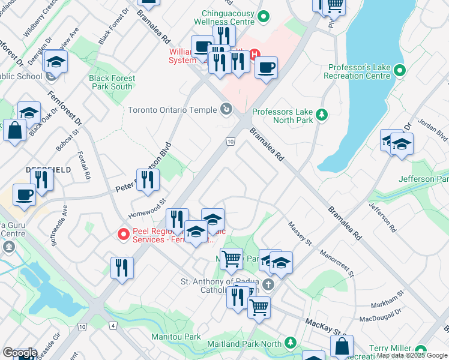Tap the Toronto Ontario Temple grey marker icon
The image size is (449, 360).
[x=226, y=109]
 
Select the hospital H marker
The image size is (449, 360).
[x=254, y=54]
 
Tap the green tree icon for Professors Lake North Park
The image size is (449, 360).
[x=322, y=114]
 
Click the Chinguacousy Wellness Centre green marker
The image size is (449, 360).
[x=262, y=17]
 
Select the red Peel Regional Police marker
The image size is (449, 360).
[x=124, y=234]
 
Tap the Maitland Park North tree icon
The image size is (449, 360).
[x=291, y=343]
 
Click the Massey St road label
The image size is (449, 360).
[x=301, y=233]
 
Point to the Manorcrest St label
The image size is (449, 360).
[x=336, y=261]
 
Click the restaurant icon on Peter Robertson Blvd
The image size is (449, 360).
[x=148, y=179]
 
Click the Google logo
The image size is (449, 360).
[x=20, y=353]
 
